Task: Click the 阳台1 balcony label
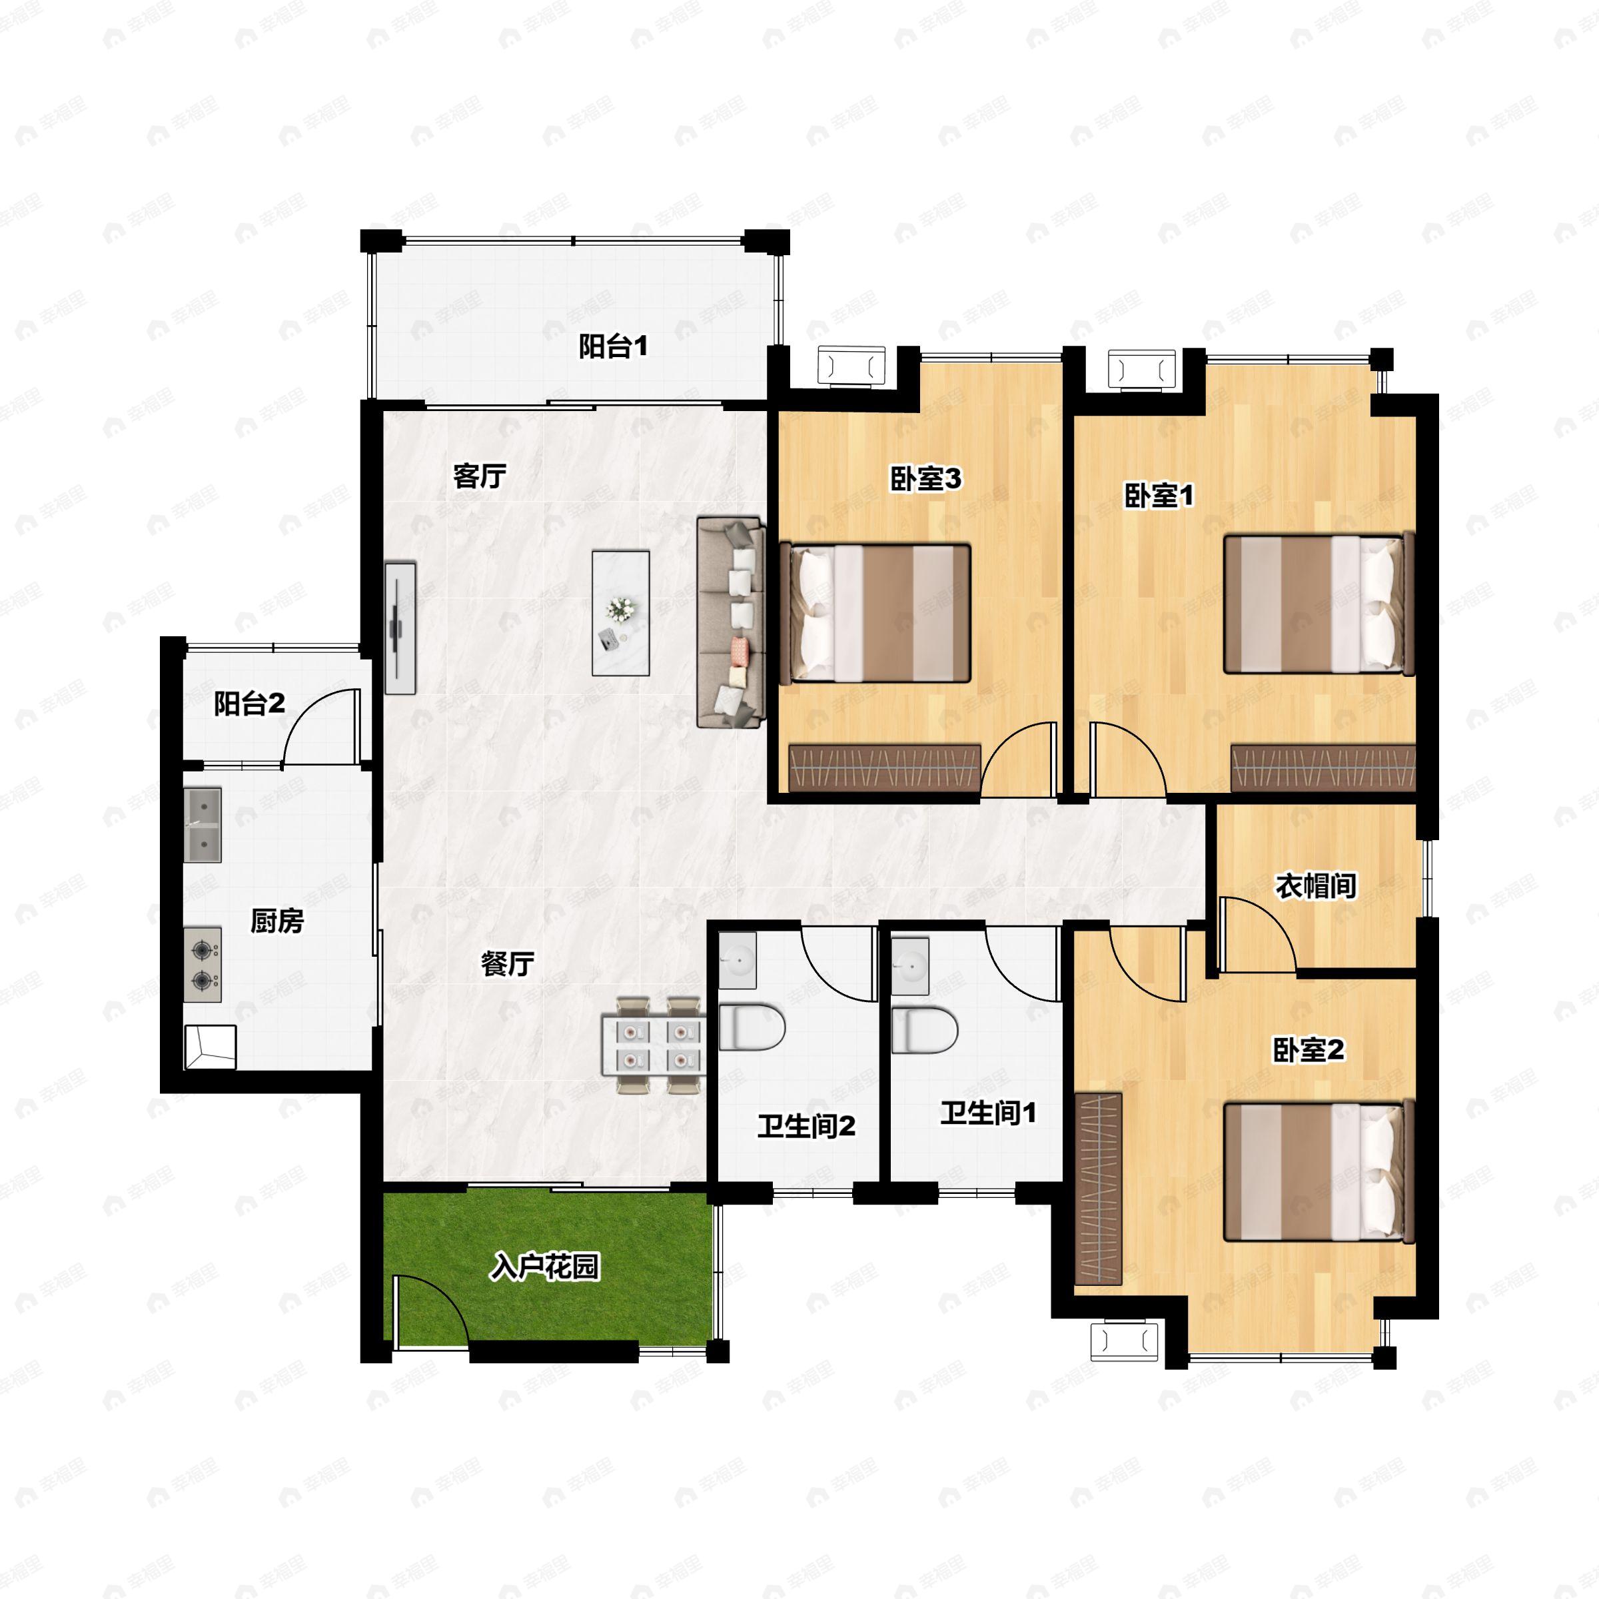pyautogui.click(x=612, y=346)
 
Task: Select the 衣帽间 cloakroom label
pyautogui.click(x=1315, y=886)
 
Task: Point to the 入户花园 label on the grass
pyautogui.click(x=544, y=1267)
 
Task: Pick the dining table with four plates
pyautogui.click(x=654, y=1046)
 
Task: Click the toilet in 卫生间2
pyautogui.click(x=751, y=1028)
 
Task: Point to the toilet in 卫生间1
pyautogui.click(x=925, y=1029)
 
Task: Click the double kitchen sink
pyautogui.click(x=203, y=824)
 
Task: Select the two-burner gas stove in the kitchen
pyautogui.click(x=203, y=965)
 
